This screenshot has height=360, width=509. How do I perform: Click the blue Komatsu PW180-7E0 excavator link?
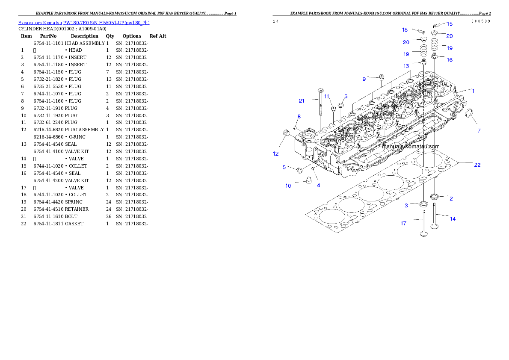(84, 23)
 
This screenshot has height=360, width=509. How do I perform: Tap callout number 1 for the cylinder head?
(473, 91)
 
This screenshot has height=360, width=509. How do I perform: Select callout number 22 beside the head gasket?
(477, 165)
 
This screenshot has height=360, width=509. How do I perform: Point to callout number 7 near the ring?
(479, 130)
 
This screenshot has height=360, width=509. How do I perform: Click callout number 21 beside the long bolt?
(302, 101)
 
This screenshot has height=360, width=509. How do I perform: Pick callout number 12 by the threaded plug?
(276, 153)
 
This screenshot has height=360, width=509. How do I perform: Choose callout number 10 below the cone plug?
(288, 186)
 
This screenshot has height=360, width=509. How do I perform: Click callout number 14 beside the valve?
(453, 219)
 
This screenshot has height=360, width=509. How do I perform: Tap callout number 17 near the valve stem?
(403, 223)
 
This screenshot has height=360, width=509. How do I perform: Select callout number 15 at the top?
(450, 24)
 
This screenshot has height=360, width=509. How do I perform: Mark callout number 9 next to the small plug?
(364, 79)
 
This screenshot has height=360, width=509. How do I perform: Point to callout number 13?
(406, 66)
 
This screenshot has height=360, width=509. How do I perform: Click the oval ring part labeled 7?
(468, 115)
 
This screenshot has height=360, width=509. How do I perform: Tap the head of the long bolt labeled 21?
(320, 90)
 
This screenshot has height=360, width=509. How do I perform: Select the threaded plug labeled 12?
(287, 136)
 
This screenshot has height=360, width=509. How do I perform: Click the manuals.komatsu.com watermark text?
(410, 146)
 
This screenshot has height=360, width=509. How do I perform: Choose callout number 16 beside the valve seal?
(450, 60)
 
